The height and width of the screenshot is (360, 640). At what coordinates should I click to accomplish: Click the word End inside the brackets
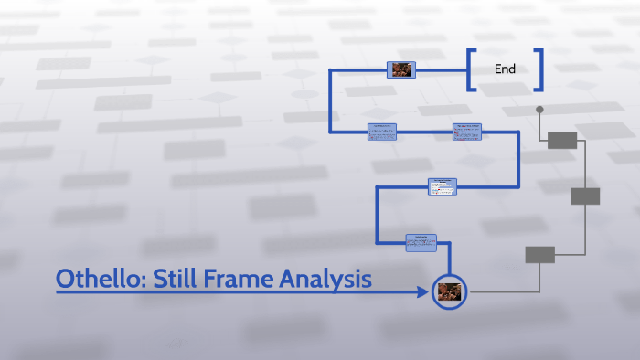point(505,69)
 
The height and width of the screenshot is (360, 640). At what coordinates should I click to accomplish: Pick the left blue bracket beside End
point(471,70)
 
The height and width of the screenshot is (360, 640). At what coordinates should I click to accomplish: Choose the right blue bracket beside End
point(539,70)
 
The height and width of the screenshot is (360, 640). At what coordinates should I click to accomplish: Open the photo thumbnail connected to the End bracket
point(401,69)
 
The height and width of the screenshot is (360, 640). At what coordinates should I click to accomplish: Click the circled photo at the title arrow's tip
point(449,291)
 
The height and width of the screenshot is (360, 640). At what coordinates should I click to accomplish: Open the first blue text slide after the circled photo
point(421,242)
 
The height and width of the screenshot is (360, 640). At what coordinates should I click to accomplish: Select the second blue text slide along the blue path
point(442,186)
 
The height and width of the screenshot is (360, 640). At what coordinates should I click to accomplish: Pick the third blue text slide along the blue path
point(466,132)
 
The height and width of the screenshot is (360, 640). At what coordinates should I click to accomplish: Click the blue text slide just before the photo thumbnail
point(381,132)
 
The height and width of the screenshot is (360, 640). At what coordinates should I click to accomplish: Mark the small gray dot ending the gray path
point(539,110)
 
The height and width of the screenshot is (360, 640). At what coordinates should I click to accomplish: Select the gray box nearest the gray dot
point(562,140)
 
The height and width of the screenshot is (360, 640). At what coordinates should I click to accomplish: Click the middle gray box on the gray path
point(585,196)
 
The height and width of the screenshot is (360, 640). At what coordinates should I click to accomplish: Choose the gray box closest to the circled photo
point(539,255)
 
